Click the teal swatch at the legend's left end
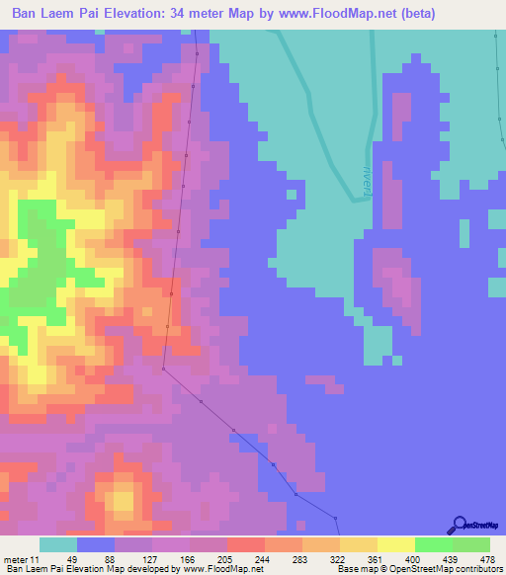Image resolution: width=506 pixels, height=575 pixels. click(x=58, y=544)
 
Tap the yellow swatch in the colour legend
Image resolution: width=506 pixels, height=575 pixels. click(x=395, y=544)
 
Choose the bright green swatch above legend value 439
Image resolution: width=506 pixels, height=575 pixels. click(x=434, y=544)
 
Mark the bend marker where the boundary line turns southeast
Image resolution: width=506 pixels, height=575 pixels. click(x=163, y=367)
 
